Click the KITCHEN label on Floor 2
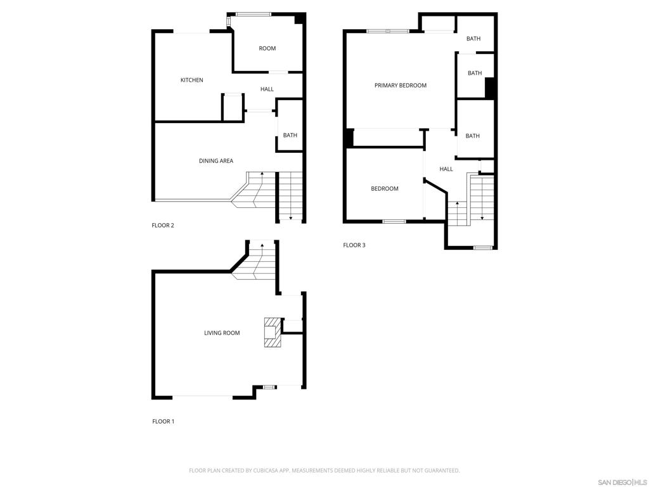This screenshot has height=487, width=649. pyautogui.click(x=191, y=80)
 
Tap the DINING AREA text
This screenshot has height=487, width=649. pyautogui.click(x=216, y=161)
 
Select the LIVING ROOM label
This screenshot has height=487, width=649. pyautogui.click(x=222, y=333)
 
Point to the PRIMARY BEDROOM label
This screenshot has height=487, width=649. pyautogui.click(x=401, y=86)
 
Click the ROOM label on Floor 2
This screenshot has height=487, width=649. pyautogui.click(x=267, y=49)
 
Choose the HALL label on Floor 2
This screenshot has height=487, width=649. pyautogui.click(x=267, y=89)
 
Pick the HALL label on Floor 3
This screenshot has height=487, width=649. pyautogui.click(x=446, y=169)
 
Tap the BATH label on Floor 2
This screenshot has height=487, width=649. pyautogui.click(x=290, y=136)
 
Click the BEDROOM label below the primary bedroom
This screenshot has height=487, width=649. pyautogui.click(x=385, y=189)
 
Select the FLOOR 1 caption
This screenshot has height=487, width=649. pyautogui.click(x=163, y=422)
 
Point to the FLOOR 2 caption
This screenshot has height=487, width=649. pyautogui.click(x=163, y=226)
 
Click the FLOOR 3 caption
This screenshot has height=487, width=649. pyautogui.click(x=354, y=245)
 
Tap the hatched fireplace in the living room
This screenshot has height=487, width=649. pyautogui.click(x=272, y=333)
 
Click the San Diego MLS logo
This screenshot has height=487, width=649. pyautogui.click(x=622, y=483)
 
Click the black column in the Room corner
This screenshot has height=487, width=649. pyautogui.click(x=299, y=19)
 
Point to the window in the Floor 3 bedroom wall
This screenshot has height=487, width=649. pyautogui.click(x=394, y=221)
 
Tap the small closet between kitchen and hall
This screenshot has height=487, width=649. pyautogui.click(x=233, y=108)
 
